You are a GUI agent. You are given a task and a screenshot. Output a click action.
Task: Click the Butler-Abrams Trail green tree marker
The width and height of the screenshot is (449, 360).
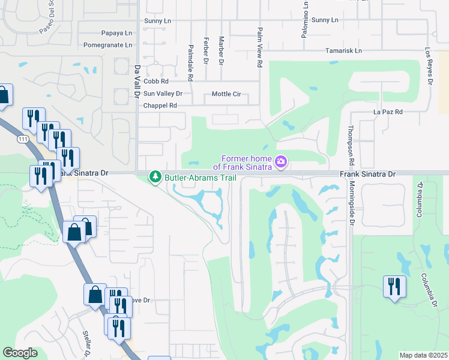[156, 178]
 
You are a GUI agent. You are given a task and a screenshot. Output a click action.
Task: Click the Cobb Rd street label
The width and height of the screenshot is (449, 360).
[155, 81]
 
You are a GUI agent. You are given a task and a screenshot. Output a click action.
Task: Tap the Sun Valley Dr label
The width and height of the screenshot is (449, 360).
[162, 94]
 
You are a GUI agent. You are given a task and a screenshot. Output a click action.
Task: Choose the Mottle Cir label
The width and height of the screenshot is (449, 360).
[226, 94]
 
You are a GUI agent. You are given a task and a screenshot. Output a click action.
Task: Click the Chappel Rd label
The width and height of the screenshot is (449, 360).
[160, 106]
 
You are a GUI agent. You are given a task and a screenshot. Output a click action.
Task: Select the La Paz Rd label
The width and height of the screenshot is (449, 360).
[387, 112]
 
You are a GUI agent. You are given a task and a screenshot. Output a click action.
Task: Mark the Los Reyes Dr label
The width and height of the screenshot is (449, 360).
[429, 65]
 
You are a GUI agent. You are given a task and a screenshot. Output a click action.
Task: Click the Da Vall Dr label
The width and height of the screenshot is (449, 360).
[137, 82]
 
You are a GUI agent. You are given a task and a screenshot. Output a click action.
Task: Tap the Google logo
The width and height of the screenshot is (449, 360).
[20, 353]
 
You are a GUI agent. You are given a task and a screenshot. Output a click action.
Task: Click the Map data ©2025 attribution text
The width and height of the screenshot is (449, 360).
[423, 355]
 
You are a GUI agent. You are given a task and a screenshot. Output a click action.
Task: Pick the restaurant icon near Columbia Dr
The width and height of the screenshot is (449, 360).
[394, 286]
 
